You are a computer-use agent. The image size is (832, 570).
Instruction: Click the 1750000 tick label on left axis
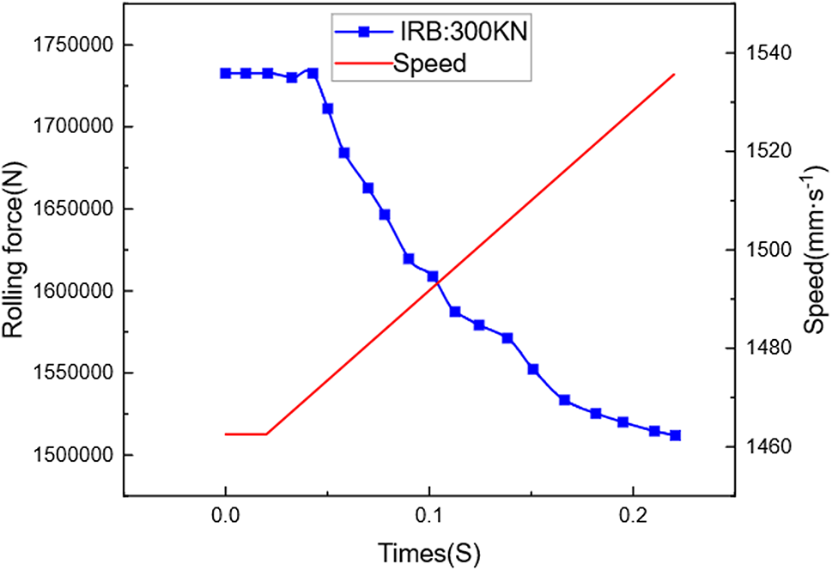point(75,45)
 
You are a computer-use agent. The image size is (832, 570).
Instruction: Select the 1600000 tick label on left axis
point(75,291)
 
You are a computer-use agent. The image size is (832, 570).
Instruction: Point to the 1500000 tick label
point(75,455)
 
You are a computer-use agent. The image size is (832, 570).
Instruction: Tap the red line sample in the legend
point(362,64)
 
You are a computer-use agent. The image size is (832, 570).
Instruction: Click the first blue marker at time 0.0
point(226,74)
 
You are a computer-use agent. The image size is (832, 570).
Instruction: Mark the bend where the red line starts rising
point(266,434)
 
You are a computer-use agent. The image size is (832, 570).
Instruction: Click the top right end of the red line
point(675,75)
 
